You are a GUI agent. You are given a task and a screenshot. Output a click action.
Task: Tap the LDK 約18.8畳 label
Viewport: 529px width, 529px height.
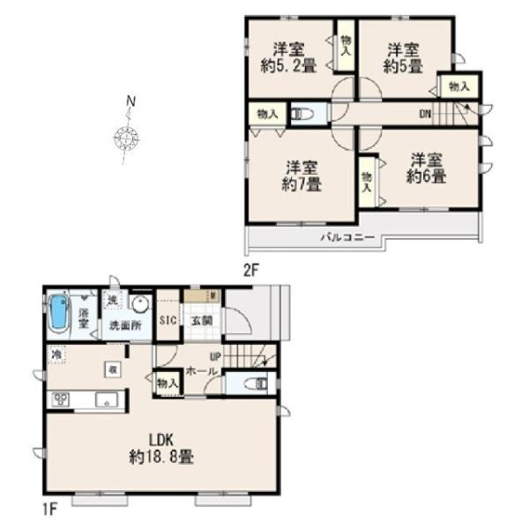point(160,449)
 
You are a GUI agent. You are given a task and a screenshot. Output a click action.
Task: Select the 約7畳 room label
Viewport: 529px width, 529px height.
point(302,176)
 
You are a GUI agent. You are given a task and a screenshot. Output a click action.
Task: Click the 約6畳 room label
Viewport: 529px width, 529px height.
point(426,168)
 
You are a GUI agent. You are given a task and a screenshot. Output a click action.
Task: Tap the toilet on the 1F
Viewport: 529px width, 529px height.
point(253,384)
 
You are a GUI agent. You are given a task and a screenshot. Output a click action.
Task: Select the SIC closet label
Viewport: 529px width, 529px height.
point(168,322)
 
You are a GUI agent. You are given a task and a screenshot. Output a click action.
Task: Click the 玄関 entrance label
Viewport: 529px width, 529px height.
point(201,322)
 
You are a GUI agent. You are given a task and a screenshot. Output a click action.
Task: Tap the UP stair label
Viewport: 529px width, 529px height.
point(214,357)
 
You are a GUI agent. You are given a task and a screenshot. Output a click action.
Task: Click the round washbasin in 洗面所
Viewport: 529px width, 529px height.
point(140,303)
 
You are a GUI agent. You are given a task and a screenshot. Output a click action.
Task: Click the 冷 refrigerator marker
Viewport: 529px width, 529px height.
point(56,355)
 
